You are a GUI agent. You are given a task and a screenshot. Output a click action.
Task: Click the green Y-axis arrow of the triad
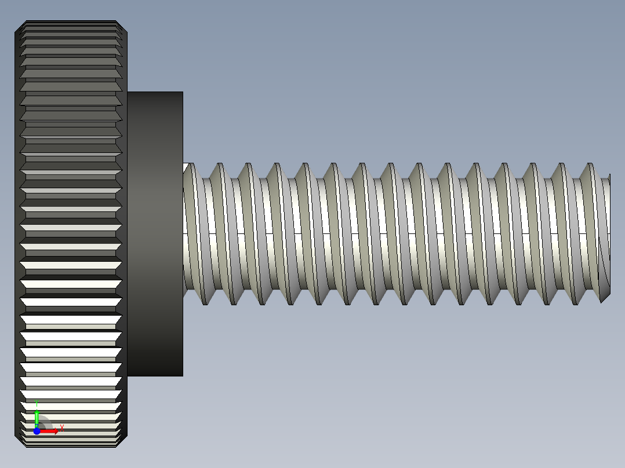(x=37, y=417)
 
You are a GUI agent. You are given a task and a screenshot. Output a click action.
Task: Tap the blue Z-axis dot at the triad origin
(x=37, y=431)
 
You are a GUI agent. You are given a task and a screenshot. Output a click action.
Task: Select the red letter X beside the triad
(x=61, y=427)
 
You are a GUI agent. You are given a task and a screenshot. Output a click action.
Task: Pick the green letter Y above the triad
(x=36, y=402)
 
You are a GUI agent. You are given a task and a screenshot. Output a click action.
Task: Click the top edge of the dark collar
(x=155, y=92)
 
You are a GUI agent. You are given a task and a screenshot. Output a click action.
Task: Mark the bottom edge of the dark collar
(x=155, y=376)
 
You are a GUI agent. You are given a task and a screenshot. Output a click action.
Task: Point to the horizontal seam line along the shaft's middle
(x=394, y=233)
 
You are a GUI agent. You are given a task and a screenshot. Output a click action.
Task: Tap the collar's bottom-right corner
(x=183, y=376)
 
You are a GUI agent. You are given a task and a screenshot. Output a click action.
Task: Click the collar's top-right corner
(x=183, y=92)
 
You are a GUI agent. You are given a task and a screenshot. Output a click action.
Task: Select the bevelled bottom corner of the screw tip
(x=605, y=298)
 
